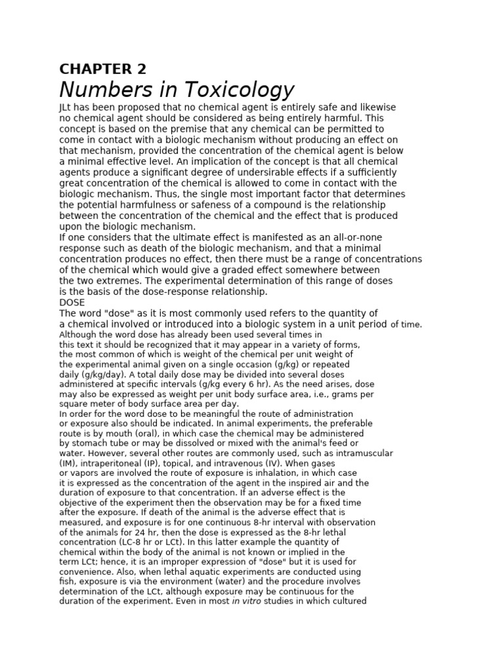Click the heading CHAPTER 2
coord(103,69)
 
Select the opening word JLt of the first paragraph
coord(66,107)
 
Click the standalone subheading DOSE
coord(72,303)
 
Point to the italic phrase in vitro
coord(247,600)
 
